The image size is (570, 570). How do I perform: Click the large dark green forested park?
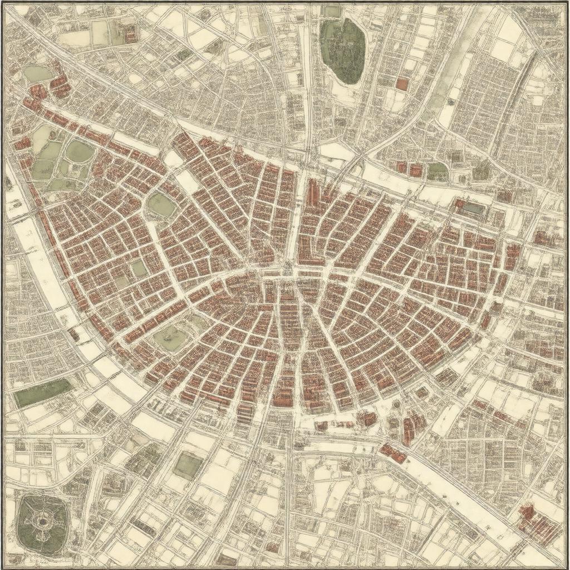point(343,51)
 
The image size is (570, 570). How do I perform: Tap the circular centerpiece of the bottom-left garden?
point(42,522)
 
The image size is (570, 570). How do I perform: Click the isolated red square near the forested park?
point(401,83)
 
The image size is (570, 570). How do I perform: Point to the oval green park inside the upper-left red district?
point(161,205)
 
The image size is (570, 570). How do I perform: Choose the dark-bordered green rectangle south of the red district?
point(187,465)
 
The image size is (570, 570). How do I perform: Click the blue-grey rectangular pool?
point(473,208)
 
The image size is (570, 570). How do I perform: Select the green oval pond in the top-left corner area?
point(38,73)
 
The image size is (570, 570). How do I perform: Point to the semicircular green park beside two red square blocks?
point(437,170)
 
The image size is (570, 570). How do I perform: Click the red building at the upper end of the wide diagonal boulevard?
point(394,453)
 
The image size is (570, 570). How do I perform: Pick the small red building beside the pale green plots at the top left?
point(130,35)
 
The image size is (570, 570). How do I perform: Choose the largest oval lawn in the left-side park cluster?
point(79,151)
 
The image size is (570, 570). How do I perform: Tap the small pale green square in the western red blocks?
point(139,269)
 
